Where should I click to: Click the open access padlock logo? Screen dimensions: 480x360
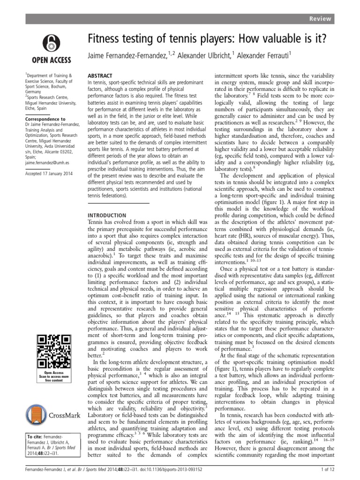click(51, 42)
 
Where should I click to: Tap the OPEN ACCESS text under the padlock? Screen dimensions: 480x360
click(51, 60)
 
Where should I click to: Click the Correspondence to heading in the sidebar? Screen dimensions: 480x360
click(46, 120)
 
